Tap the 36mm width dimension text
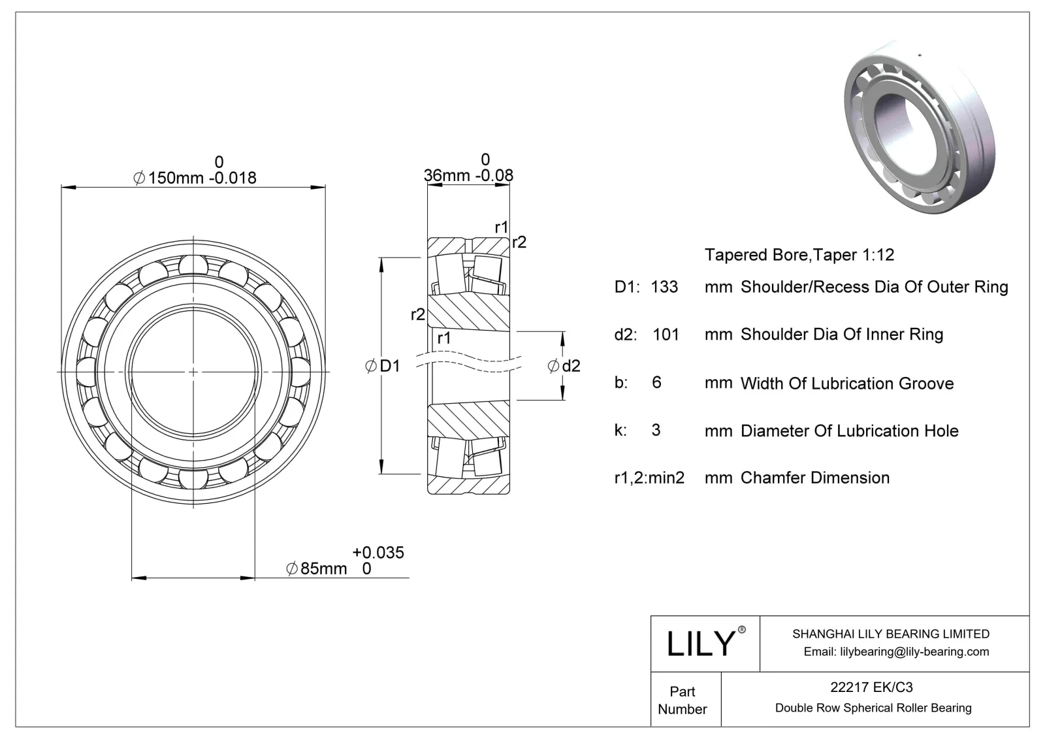click(x=447, y=175)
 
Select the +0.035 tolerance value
click(x=378, y=553)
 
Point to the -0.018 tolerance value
click(x=233, y=178)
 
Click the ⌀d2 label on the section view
click(x=564, y=366)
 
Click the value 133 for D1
click(x=664, y=287)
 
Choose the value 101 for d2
click(x=666, y=335)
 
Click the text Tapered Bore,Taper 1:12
click(x=799, y=255)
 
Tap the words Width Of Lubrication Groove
click(x=846, y=384)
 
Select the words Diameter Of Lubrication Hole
click(x=849, y=431)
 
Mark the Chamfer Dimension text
click(x=814, y=478)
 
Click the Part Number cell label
click(x=683, y=700)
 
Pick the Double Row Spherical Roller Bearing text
click(x=873, y=708)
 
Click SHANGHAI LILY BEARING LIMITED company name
click(x=890, y=634)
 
